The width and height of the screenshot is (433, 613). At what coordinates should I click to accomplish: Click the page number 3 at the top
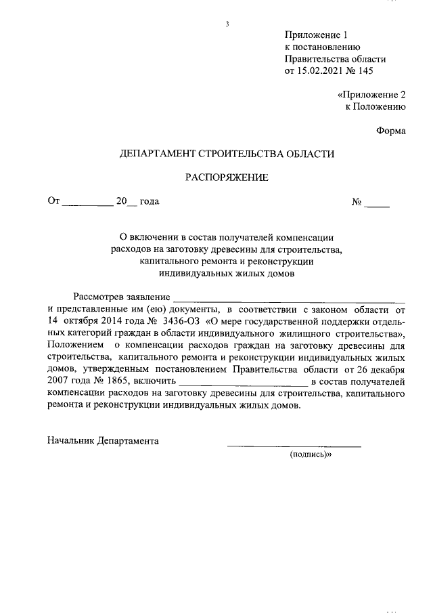pyautogui.click(x=227, y=25)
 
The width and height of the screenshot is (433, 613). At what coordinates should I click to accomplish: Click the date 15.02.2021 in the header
pyautogui.click(x=321, y=70)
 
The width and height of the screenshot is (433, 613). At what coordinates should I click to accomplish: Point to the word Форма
pyautogui.click(x=390, y=131)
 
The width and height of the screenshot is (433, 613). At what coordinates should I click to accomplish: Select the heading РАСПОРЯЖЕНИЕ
pyautogui.click(x=227, y=178)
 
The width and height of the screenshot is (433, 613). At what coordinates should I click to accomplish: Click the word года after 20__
pyautogui.click(x=149, y=201)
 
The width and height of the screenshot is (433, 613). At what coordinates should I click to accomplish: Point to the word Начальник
pyautogui.click(x=70, y=440)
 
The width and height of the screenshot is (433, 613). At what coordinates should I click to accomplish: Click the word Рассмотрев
pyautogui.click(x=100, y=297)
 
